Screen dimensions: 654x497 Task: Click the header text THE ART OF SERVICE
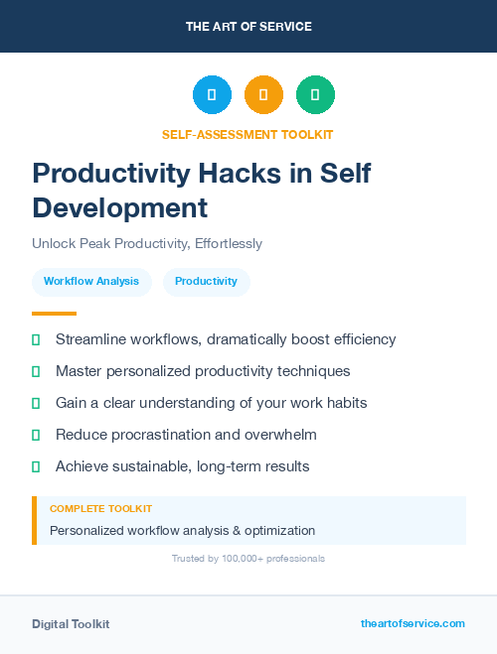(x=248, y=27)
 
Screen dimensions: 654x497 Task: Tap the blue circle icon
(x=212, y=95)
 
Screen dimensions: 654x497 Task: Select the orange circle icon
(x=263, y=95)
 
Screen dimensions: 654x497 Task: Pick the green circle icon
(x=315, y=95)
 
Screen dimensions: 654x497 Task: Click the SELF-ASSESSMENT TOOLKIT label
(x=248, y=134)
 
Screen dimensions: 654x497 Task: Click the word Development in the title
(x=119, y=207)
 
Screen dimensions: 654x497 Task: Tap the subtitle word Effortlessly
(x=228, y=243)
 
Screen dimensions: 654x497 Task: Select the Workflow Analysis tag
(x=91, y=282)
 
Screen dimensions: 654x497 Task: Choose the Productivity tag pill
(x=206, y=282)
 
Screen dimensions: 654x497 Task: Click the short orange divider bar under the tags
(x=54, y=314)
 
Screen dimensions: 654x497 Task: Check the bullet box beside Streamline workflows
(x=36, y=339)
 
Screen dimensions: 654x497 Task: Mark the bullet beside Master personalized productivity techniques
(x=36, y=371)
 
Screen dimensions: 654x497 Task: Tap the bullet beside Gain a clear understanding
(x=36, y=403)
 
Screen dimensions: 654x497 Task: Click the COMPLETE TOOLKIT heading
(x=101, y=508)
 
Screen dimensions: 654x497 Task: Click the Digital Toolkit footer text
(x=71, y=624)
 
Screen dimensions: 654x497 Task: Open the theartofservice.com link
(x=413, y=623)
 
